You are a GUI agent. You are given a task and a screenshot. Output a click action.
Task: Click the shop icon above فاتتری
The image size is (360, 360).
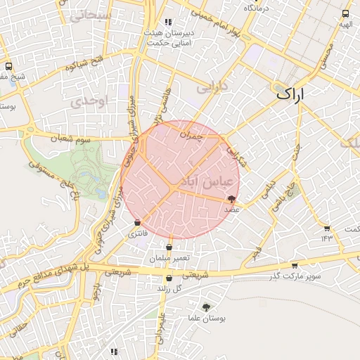[x=136, y=223]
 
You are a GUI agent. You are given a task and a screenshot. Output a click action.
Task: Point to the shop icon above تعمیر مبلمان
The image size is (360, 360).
[x=169, y=247]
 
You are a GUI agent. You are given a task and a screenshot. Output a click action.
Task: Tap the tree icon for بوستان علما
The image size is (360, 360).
[x=206, y=307]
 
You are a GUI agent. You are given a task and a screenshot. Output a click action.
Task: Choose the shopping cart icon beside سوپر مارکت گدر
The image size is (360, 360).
[x=294, y=266]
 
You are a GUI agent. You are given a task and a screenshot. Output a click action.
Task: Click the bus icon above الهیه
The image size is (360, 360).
[x=345, y=13]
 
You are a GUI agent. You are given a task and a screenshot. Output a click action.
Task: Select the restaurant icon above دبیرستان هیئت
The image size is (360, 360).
[x=167, y=22]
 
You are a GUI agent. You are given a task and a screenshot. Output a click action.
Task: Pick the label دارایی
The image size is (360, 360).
[x=212, y=89]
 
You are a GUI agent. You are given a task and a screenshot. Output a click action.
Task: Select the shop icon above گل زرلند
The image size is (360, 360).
[x=160, y=278]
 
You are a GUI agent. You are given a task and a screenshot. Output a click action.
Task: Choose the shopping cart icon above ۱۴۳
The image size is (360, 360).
[x=327, y=228]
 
